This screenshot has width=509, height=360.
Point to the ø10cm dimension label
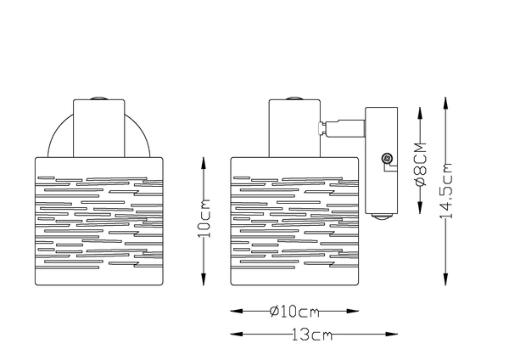tap(293, 311)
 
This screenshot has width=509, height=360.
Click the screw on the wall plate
tap(387, 158)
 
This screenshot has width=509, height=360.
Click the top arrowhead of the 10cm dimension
tap(204, 159)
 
